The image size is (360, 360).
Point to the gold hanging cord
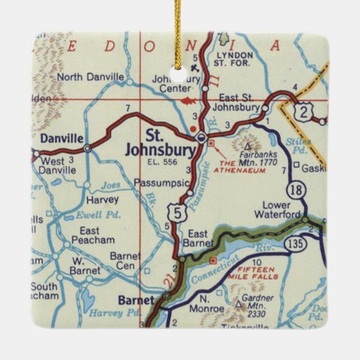tap(181, 27)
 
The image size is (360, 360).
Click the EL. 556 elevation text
tap(160, 162)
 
